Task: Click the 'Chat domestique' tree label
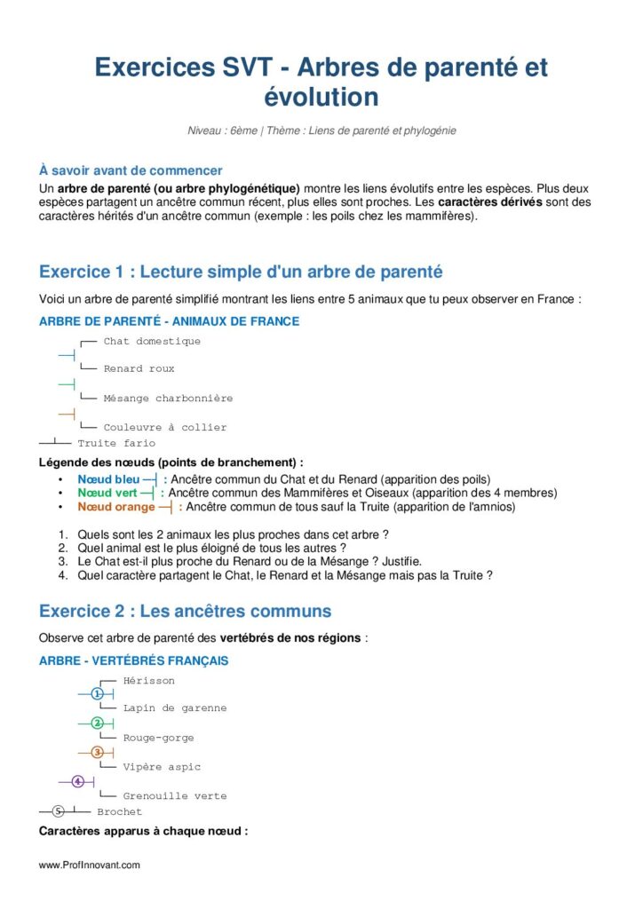(x=152, y=341)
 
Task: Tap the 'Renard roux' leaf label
(x=139, y=368)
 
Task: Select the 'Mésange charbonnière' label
(x=168, y=399)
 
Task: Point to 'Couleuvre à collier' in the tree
(x=165, y=428)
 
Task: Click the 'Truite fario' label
(x=116, y=443)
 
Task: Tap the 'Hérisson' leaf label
(x=149, y=681)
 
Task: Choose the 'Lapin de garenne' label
(x=175, y=708)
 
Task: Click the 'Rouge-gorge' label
(x=158, y=738)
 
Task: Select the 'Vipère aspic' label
(x=162, y=767)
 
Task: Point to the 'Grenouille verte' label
(x=175, y=796)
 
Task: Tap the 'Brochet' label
(x=119, y=811)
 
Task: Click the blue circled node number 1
(x=98, y=693)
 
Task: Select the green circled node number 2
(x=98, y=723)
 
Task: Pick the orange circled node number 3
(x=98, y=752)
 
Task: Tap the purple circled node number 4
(x=78, y=781)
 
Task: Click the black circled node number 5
(x=59, y=810)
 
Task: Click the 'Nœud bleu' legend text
(x=108, y=479)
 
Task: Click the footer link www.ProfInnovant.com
(x=90, y=865)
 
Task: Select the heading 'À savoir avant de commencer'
(x=131, y=170)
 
